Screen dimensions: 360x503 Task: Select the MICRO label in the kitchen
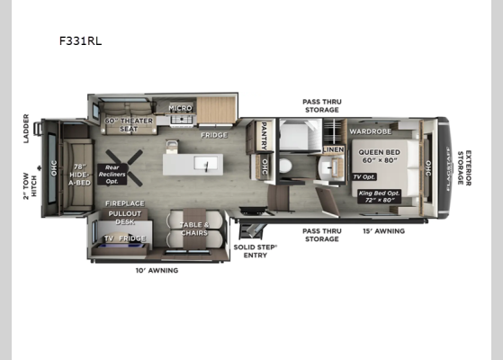pyautogui.click(x=180, y=108)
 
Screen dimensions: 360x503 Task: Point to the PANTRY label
pyautogui.click(x=265, y=136)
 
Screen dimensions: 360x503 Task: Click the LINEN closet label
pyautogui.click(x=334, y=149)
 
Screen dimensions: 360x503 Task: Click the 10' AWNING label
pyautogui.click(x=155, y=270)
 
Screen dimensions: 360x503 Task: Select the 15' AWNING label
pyautogui.click(x=382, y=230)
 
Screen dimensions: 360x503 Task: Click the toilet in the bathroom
pyautogui.click(x=283, y=166)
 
